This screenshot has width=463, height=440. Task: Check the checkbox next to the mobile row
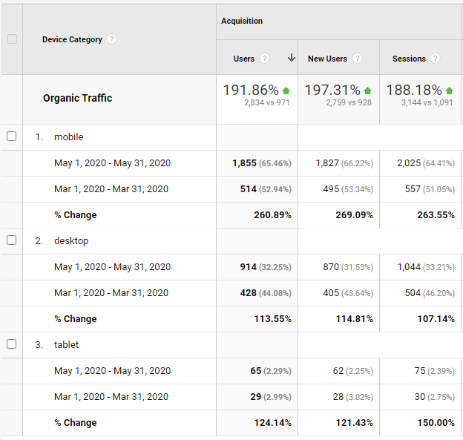pos(11,137)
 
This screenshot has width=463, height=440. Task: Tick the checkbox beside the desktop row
pos(11,240)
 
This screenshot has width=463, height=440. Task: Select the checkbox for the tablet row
pos(11,344)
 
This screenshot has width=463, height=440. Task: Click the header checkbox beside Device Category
pos(12,39)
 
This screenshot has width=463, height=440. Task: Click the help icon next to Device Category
pos(111,39)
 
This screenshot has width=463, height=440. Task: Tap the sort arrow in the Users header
pos(292,59)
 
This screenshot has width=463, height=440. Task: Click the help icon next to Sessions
pos(435,59)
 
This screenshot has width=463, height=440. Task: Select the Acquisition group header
pos(242,22)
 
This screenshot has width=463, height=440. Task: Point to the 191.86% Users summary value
pos(251,91)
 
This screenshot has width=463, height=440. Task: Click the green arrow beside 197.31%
pos(367,91)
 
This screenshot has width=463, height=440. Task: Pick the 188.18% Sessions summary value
pos(413,91)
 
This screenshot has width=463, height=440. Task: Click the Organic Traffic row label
pos(77,98)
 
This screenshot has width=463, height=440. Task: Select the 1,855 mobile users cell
pos(244,163)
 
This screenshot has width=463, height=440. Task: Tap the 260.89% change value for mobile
pos(272,215)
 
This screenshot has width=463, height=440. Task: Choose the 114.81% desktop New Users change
pos(354,319)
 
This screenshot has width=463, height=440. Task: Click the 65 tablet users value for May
pos(256,371)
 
